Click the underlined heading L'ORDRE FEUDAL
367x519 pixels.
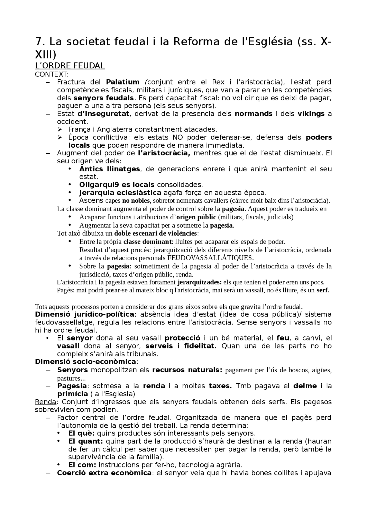tap(70, 66)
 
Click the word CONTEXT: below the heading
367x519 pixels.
tap(52, 74)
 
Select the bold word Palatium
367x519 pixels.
tap(122, 82)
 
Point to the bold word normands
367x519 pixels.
tap(253, 114)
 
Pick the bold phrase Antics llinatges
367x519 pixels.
tap(110, 169)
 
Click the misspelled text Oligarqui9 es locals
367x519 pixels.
tap(117, 185)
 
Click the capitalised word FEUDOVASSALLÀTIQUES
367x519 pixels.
tap(210, 258)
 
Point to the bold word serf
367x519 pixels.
tap(322, 290)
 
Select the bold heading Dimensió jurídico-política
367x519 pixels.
tap(84, 314)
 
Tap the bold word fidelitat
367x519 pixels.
tap(200, 346)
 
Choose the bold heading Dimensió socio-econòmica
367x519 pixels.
tap(85, 362)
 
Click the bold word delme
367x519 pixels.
tap(305, 386)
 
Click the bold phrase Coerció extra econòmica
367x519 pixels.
tap(104, 473)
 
